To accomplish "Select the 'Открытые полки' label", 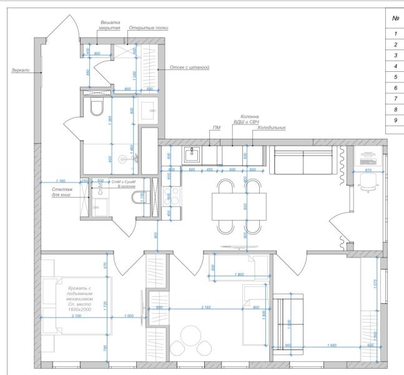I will (x=149, y=28).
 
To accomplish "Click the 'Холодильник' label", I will (x=271, y=127).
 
